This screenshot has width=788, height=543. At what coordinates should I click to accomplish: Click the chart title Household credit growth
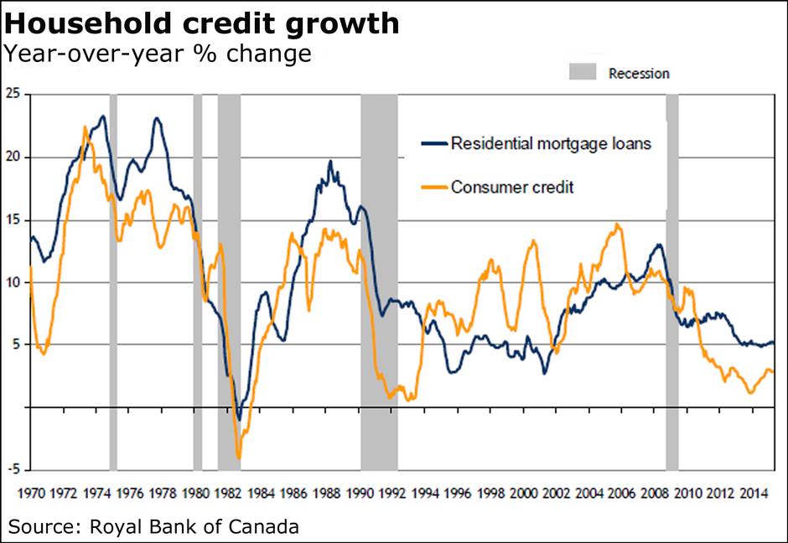click(x=202, y=23)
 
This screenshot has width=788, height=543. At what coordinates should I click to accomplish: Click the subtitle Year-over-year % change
click(x=158, y=54)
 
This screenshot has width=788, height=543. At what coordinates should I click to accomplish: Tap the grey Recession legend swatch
click(x=582, y=72)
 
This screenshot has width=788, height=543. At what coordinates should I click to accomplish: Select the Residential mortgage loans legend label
click(x=551, y=143)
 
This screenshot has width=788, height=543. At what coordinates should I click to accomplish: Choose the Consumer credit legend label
click(x=512, y=187)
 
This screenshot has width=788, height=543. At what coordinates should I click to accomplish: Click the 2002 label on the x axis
click(x=557, y=493)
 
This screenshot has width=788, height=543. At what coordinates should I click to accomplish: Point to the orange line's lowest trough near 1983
click(x=239, y=458)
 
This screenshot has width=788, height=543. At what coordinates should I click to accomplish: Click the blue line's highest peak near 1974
click(x=103, y=116)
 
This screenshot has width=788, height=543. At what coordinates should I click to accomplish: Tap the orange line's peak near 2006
click(x=617, y=225)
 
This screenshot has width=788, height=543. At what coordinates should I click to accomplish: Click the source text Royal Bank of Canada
click(x=153, y=527)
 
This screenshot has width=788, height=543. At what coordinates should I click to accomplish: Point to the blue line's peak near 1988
click(x=330, y=162)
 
